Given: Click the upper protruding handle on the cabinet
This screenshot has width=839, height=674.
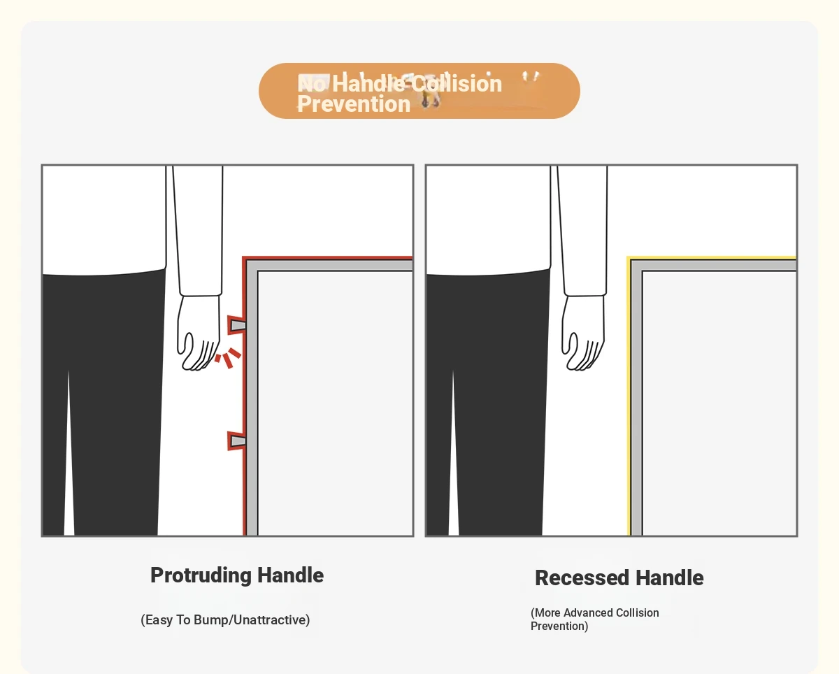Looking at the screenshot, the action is (236, 325).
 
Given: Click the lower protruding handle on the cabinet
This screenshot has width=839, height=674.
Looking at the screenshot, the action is (236, 441).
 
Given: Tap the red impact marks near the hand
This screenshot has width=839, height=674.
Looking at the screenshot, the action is (228, 358).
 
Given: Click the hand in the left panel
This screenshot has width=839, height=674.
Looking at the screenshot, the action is (199, 333).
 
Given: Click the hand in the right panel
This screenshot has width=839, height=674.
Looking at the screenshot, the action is (583, 333).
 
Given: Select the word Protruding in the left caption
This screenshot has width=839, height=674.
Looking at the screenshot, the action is (201, 575).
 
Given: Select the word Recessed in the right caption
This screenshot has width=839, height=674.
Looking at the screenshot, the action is (582, 578).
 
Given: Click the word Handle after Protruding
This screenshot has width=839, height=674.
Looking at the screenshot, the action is (290, 575).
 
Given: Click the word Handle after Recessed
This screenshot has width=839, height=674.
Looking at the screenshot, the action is (670, 578).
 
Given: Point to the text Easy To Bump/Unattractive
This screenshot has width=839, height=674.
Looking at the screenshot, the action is (225, 620).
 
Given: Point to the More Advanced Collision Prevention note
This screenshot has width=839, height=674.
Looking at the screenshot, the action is (595, 619).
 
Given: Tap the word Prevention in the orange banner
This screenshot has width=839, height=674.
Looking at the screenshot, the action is (354, 104).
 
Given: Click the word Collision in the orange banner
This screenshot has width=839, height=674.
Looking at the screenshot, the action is (457, 84).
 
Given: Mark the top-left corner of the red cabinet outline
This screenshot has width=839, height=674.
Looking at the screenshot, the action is (243, 257).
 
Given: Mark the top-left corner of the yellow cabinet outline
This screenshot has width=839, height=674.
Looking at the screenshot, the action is (628, 257).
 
